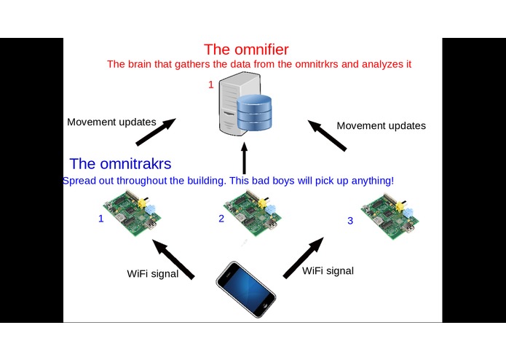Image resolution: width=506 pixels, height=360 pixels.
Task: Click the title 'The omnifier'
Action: pyautogui.click(x=246, y=50)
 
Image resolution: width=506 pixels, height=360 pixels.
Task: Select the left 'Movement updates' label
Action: pyautogui.click(x=111, y=122)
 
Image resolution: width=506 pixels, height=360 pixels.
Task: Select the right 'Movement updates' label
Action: pyautogui.click(x=381, y=125)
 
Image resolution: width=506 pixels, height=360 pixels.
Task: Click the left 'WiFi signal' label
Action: pyautogui.click(x=153, y=274)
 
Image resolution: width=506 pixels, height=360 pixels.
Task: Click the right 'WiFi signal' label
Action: pyautogui.click(x=328, y=271)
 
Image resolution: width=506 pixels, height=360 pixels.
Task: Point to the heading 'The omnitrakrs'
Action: pyautogui.click(x=120, y=164)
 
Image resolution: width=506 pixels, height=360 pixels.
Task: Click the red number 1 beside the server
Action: pyautogui.click(x=211, y=85)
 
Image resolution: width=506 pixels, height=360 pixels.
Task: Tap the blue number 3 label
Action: pyautogui.click(x=349, y=220)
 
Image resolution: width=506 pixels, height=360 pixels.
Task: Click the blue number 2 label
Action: pyautogui.click(x=221, y=218)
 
